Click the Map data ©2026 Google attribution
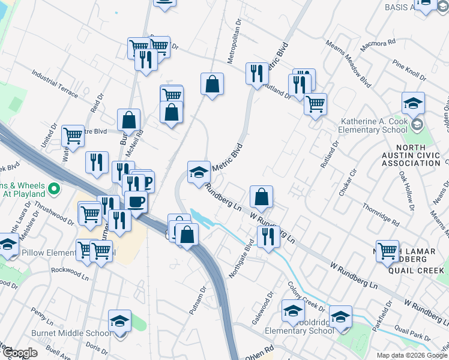[411, 355]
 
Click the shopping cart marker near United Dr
[73, 136]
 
